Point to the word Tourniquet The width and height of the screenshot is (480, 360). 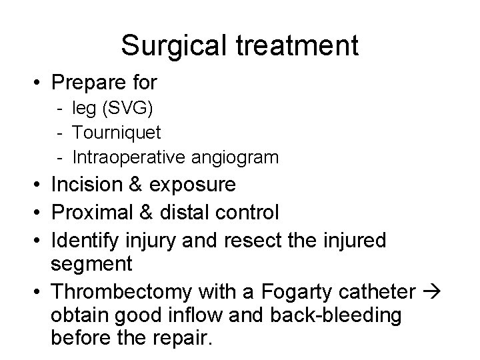tap(117, 133)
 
